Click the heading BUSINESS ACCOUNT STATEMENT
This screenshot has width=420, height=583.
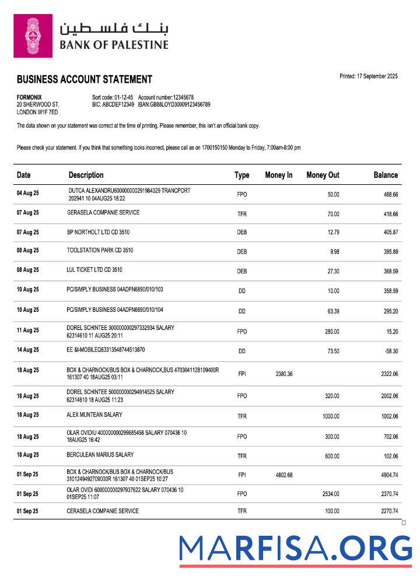(85, 79)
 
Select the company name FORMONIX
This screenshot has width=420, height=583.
(29, 97)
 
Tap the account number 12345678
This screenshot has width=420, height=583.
(175, 97)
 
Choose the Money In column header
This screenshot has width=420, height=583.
(279, 175)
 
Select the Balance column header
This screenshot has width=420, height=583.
(386, 175)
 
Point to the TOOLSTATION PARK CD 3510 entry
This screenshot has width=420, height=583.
(100, 251)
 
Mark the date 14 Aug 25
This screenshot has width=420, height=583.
(28, 350)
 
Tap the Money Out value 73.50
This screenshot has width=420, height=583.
(332, 350)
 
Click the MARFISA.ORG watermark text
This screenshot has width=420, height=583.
(296, 549)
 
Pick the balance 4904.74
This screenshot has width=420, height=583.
(386, 475)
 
